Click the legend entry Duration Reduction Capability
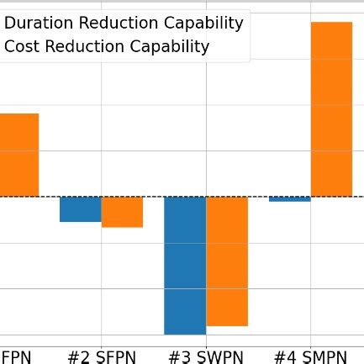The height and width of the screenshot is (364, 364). pyautogui.click(x=124, y=23)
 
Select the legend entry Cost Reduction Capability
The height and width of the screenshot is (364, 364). pyautogui.click(x=107, y=47)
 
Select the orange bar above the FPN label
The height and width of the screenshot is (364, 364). pyautogui.click(x=18, y=155)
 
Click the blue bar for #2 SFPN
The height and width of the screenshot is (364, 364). pyautogui.click(x=80, y=208)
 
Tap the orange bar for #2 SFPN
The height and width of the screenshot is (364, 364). pyautogui.click(x=122, y=212)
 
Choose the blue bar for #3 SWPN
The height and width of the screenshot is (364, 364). pyautogui.click(x=185, y=265)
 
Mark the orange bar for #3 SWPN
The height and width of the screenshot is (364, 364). pyautogui.click(x=227, y=261)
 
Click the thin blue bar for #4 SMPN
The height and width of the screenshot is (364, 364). pyautogui.click(x=290, y=199)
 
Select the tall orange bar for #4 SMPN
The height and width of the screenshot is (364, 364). pyautogui.click(x=331, y=109)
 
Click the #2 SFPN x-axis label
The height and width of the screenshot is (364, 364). pyautogui.click(x=101, y=358)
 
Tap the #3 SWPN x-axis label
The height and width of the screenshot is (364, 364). pyautogui.click(x=206, y=358)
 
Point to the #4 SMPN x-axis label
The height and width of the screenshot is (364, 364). pyautogui.click(x=310, y=358)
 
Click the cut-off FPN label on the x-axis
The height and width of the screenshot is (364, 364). pyautogui.click(x=16, y=358)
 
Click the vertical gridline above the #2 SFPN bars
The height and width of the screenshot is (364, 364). pyautogui.click(x=102, y=126)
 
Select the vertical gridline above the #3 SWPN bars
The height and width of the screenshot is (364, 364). pyautogui.click(x=206, y=126)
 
